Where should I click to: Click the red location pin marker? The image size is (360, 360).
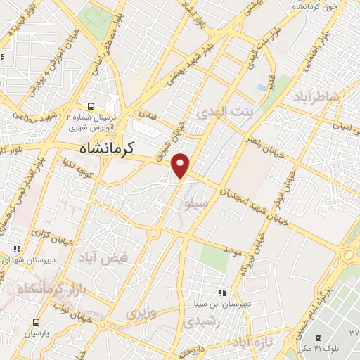pos(181,165)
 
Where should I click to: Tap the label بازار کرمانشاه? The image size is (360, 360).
pos(43,289)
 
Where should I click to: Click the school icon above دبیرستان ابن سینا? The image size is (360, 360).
pos(222,292)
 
